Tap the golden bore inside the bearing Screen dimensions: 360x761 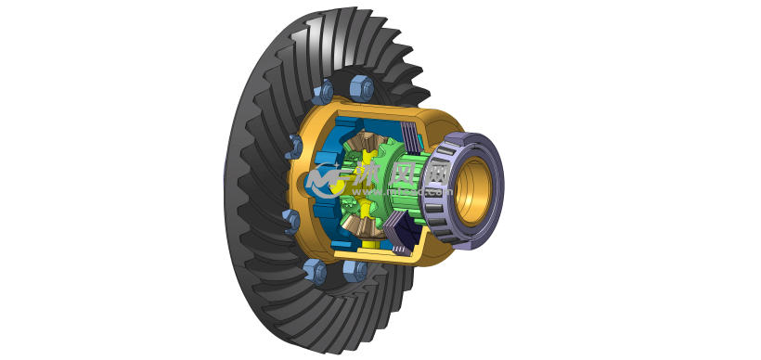pyautogui.click(x=476, y=190)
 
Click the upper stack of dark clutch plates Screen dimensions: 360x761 pyautogui.click(x=409, y=136)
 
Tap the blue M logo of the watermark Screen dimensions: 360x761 pyautogui.click(x=324, y=181)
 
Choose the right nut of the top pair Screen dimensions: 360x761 pyautogui.click(x=362, y=88)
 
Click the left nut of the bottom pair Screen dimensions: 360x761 pyautogui.click(x=316, y=271)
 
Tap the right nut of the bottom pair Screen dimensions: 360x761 pyautogui.click(x=355, y=270)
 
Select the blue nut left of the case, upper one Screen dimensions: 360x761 pyautogui.click(x=295, y=146)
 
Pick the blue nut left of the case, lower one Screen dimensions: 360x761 pyautogui.click(x=291, y=221)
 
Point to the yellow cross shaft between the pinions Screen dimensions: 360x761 pyautogui.click(x=364, y=186)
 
